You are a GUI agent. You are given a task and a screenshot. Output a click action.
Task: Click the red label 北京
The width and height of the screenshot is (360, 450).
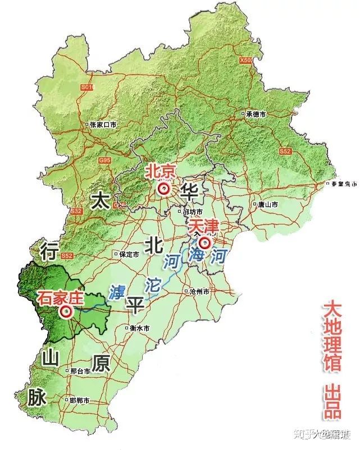[161, 171]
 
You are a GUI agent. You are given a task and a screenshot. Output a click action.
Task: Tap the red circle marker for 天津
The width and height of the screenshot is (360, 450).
[204, 243]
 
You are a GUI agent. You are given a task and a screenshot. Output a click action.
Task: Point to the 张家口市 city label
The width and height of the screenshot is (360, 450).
[103, 125]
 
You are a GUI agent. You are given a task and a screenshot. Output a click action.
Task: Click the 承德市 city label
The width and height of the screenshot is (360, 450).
[256, 113]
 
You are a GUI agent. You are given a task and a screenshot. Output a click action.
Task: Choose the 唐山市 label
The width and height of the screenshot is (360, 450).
[267, 205]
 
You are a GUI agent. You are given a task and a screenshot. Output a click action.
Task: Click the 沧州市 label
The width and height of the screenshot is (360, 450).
[199, 292]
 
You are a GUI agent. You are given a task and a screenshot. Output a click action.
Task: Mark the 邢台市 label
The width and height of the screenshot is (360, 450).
[80, 371]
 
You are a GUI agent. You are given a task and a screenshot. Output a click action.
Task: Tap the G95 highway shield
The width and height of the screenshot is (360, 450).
[104, 161]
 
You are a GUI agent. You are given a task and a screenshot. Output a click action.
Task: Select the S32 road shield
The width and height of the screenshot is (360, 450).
[77, 211]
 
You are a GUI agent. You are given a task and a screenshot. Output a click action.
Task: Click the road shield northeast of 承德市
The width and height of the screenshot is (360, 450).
[246, 60]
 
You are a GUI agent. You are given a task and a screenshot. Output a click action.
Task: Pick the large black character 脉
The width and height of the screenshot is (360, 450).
[36, 397]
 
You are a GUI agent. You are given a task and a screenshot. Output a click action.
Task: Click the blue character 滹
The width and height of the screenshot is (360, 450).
[117, 292]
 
